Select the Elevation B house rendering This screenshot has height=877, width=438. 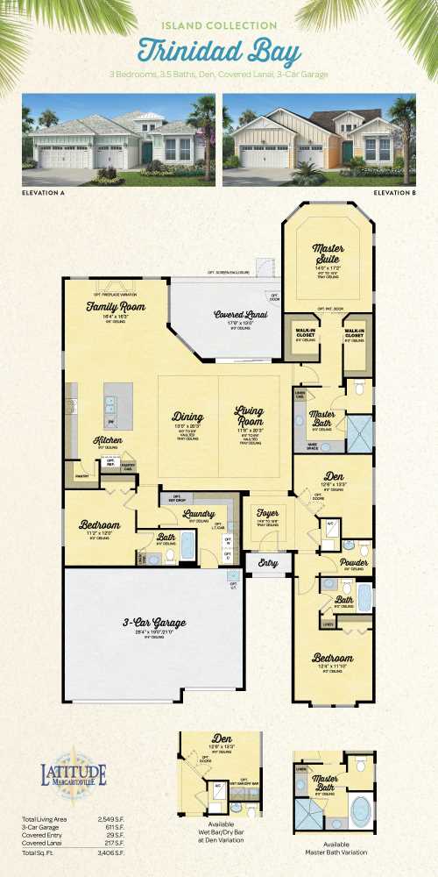click(x=319, y=139)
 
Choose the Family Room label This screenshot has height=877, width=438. click(x=115, y=307)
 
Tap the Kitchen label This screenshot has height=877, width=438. click(x=109, y=440)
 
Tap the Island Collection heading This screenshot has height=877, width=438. click(x=220, y=26)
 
